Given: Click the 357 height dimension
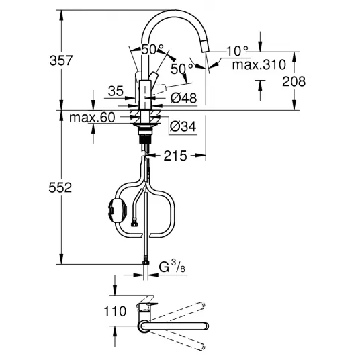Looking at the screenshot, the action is coord(61,60).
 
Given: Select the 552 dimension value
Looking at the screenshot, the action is coord(60,187).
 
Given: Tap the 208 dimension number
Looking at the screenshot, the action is coord(294,81).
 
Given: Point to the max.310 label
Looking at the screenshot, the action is coord(259,65).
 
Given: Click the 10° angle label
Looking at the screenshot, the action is coord(237,51).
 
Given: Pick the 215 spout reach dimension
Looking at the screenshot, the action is coord(175,156).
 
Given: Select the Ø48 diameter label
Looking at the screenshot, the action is coord(183,98).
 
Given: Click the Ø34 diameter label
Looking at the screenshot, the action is coord(183,126).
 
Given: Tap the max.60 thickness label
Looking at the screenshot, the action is coord(92,118).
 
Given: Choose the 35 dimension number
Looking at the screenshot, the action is coord(116,91).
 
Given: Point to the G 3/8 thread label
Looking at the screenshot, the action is coord(172,267).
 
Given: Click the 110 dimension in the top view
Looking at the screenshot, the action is coord(115,312).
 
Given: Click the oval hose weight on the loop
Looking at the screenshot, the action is coord(118,210).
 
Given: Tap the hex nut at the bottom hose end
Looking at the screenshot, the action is coord(146,262).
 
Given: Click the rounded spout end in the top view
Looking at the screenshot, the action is coord(206,326).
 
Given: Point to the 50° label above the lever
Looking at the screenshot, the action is coord(152,49).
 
